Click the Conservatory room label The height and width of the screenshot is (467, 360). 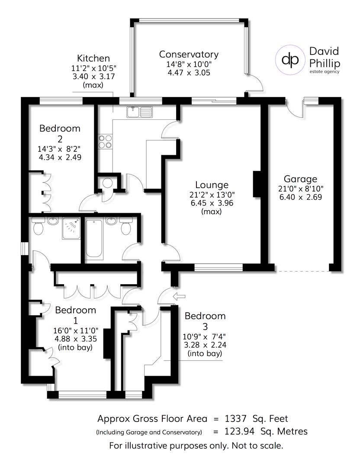pos(189,54)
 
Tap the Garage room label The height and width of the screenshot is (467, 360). pos(300,179)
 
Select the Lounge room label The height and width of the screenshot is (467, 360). pos(211,185)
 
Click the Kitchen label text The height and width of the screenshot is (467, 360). pos(93,58)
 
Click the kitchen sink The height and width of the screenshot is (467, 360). pos(140,112)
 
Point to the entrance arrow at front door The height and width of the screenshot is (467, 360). pos(178,297)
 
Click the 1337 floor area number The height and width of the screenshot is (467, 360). pos(236,419)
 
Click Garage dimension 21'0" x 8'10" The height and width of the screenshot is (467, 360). pos(300,189)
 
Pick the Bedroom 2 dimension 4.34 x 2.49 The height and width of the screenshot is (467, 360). pos(60,157)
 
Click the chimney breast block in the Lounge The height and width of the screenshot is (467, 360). pos(257,184)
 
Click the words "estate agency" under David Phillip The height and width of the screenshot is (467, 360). pos(324,72)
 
